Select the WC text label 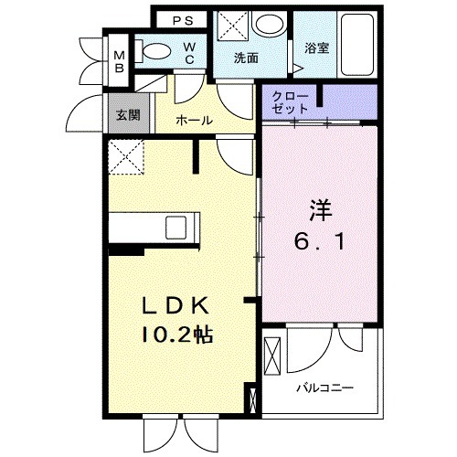(188, 52)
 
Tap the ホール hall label (194, 120)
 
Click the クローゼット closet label (291, 101)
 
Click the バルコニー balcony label (324, 388)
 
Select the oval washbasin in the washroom (267, 25)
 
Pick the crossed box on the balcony (272, 356)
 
